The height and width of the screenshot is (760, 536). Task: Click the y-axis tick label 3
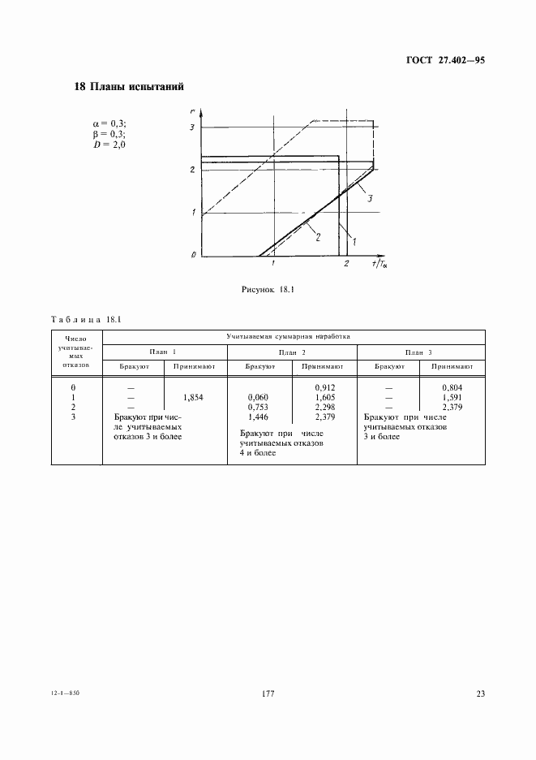point(193,127)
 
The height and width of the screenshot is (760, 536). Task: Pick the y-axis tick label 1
point(193,213)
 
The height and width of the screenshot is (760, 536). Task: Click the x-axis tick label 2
point(346,265)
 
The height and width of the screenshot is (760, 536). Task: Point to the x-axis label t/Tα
point(379,263)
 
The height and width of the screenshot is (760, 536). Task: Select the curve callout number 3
point(369,198)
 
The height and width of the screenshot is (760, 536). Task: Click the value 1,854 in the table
point(194,397)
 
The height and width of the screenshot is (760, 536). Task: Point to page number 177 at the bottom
point(269,694)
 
